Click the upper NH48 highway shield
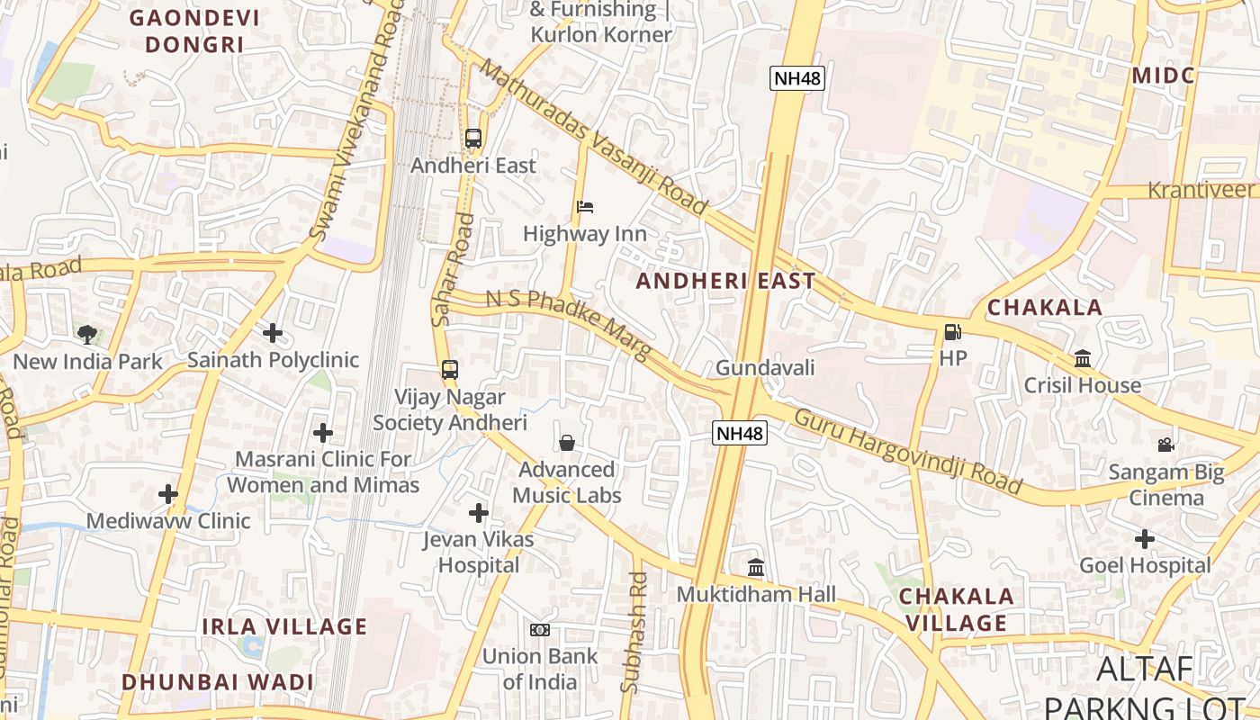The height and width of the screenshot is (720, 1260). [x=797, y=78]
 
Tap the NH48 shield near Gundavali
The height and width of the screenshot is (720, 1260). [x=741, y=434]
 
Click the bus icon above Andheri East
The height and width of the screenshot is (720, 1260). [x=473, y=139]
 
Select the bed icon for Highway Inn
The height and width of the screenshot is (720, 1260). [x=585, y=207]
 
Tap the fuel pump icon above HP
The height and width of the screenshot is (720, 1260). [x=952, y=332]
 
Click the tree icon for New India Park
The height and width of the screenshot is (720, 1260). [x=87, y=335]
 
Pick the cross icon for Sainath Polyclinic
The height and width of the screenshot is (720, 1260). [x=273, y=333]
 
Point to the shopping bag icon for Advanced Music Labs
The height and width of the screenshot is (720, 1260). [x=567, y=443]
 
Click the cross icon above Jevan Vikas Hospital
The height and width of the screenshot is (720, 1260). [x=479, y=513]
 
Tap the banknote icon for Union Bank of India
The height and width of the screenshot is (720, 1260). [x=540, y=630]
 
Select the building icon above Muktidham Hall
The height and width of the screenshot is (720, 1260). [x=756, y=568]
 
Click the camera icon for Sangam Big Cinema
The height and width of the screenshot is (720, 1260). [x=1165, y=445]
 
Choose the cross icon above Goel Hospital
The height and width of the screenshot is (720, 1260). [x=1145, y=539]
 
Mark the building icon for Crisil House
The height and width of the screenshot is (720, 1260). [x=1083, y=359]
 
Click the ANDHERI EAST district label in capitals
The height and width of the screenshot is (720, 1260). [x=725, y=281]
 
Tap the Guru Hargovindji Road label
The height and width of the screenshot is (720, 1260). [x=907, y=452]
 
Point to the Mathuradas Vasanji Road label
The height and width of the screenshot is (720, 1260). [x=594, y=137]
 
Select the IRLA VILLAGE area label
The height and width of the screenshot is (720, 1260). [x=284, y=626]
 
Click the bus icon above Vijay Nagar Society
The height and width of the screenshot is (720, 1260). [x=450, y=370]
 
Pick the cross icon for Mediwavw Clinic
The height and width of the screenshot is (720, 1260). [x=168, y=494]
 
